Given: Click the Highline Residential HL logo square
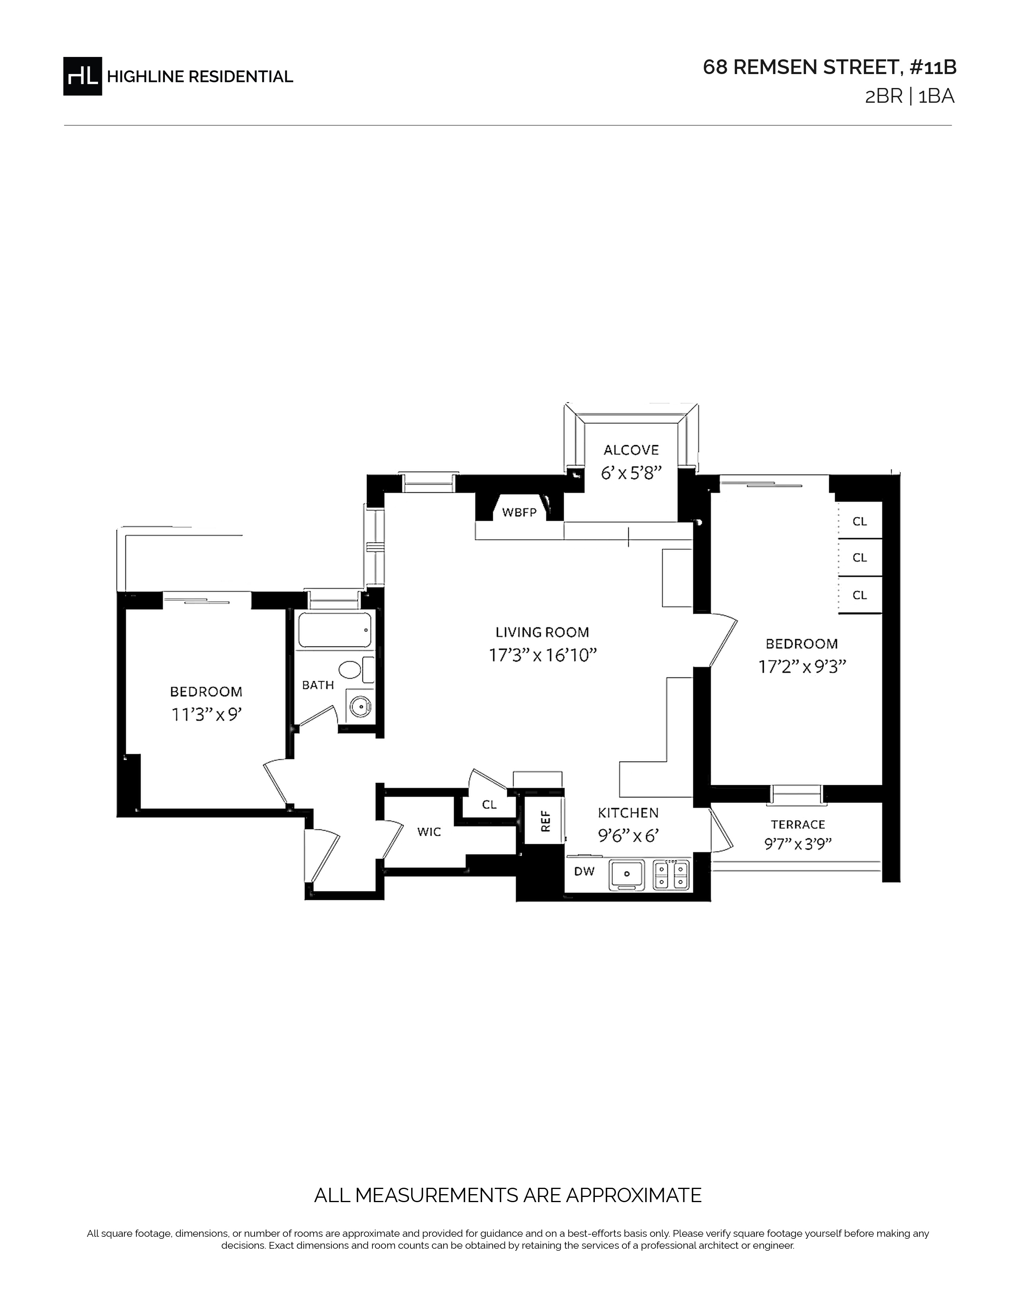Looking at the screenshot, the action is coord(82,76).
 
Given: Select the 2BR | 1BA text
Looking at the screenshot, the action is coord(910,97).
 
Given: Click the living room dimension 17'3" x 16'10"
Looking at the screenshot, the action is coord(542,655).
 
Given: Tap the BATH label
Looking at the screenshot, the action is coord(318,685).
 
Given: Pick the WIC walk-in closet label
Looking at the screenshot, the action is coord(429,832).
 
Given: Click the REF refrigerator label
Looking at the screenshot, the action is coord(546,821).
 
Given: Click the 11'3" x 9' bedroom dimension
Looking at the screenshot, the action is coord(206,715).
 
